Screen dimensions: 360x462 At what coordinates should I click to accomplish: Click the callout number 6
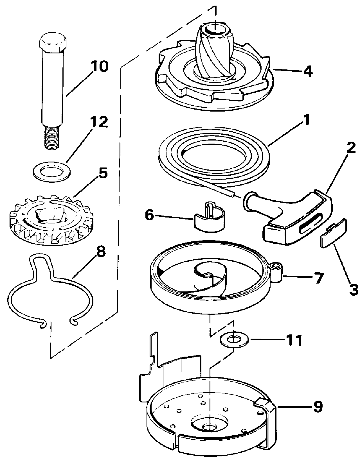(x=149, y=215)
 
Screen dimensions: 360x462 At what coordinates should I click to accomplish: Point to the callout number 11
(x=294, y=340)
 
